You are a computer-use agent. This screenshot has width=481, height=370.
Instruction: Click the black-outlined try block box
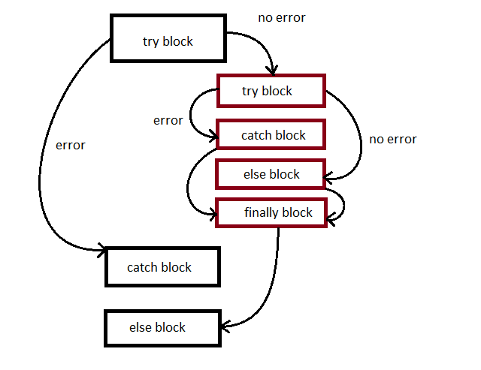168,41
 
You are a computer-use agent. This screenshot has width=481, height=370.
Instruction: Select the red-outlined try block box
271,92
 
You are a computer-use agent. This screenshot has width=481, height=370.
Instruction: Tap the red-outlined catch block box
271,136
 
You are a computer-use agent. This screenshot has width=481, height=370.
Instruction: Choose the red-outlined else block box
271,174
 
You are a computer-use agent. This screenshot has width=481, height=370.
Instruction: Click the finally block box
274,212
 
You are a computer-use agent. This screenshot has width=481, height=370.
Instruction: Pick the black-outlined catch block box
162,267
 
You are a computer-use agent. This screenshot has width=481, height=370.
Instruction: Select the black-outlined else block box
162,327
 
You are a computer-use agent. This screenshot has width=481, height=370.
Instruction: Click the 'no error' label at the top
282,17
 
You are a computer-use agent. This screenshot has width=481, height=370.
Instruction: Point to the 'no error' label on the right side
392,139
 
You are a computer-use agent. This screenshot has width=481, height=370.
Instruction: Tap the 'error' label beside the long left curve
71,145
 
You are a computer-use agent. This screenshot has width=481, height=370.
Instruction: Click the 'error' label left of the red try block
168,120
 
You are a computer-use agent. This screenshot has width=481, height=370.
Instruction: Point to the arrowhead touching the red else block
328,179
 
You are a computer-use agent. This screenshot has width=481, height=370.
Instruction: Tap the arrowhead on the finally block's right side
330,216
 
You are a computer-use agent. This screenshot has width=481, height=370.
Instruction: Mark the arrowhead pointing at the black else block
224,325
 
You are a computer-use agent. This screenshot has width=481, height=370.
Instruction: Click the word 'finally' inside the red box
260,212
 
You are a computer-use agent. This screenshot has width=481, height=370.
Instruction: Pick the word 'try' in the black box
150,41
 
